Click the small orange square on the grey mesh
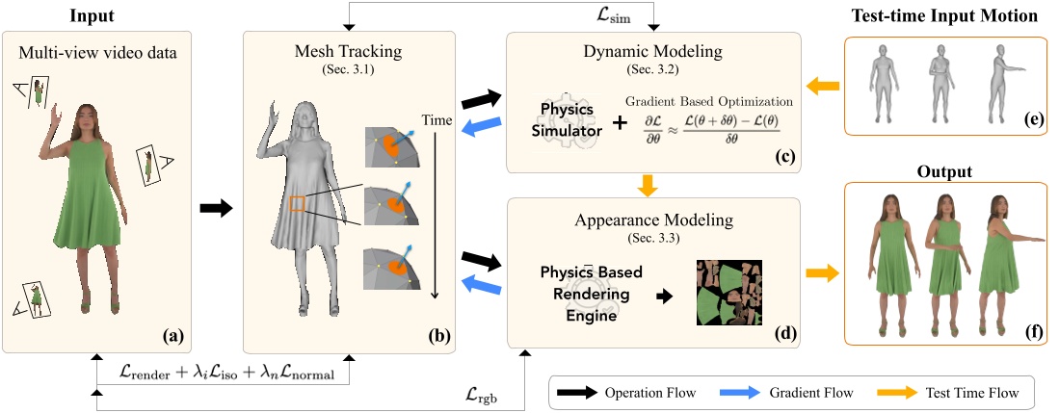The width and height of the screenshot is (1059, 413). pos(298,203)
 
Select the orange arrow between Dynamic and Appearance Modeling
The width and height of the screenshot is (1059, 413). pos(653,183)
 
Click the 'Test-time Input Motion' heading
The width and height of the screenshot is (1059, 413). pos(944,16)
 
